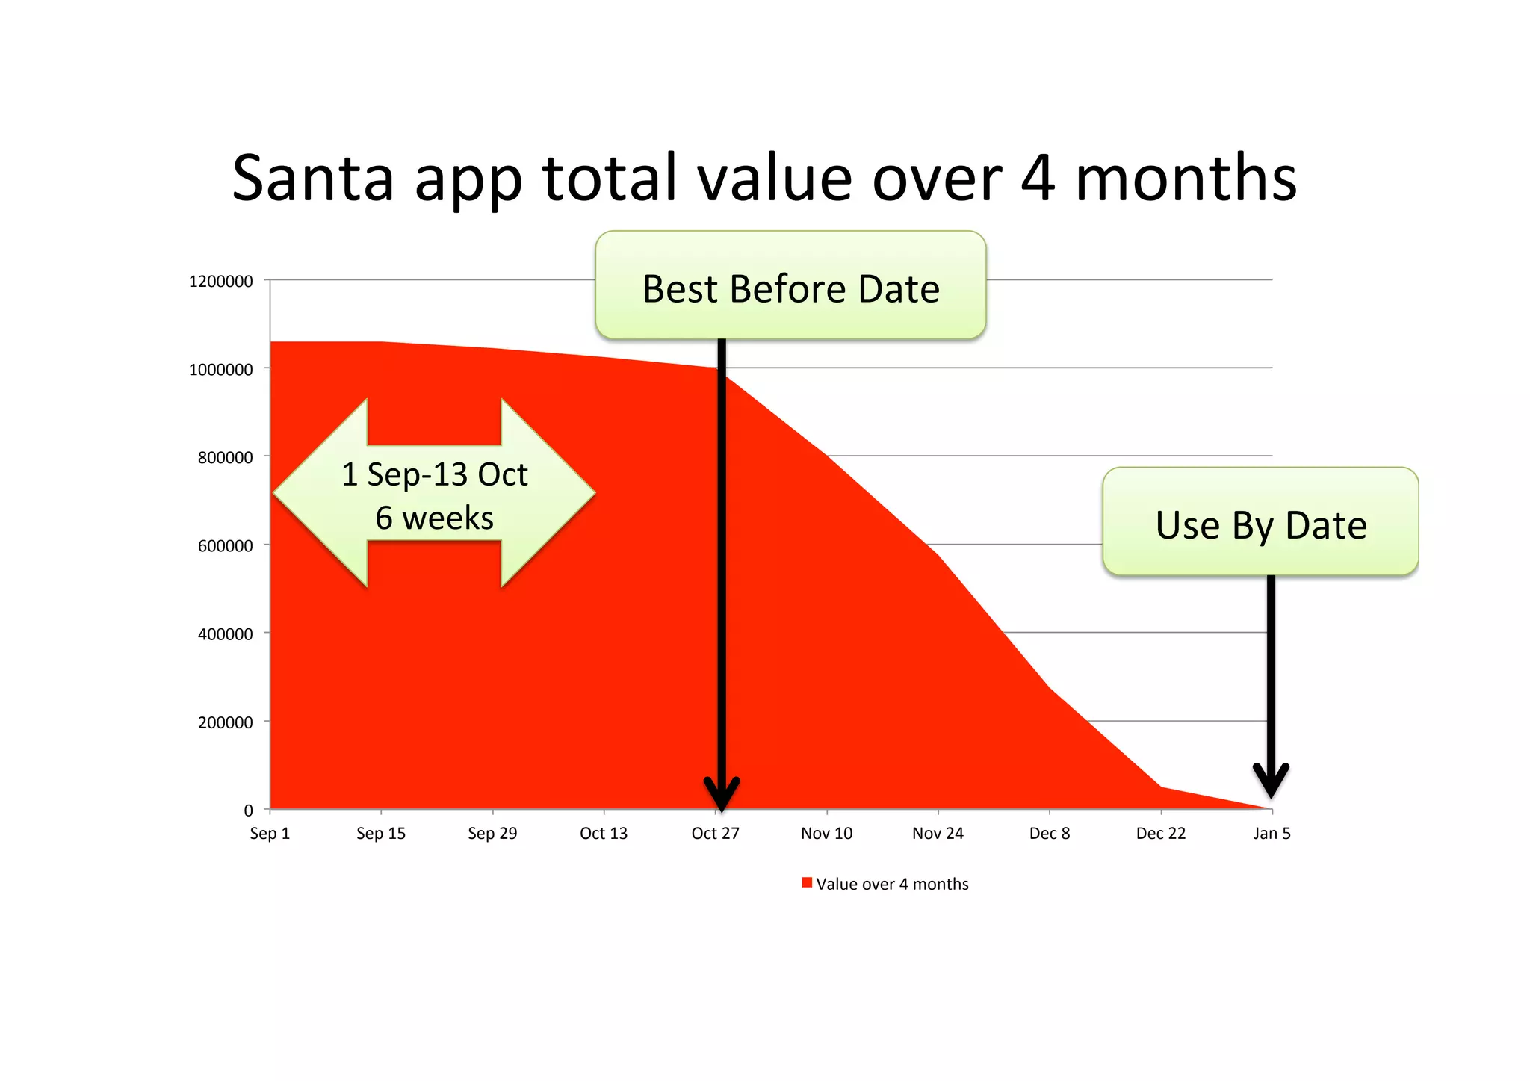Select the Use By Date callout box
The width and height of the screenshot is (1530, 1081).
click(x=1260, y=522)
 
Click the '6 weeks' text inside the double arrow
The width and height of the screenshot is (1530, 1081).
click(x=434, y=518)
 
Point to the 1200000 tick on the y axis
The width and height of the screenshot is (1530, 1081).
click(x=221, y=281)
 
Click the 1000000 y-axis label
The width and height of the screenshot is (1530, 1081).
click(x=221, y=369)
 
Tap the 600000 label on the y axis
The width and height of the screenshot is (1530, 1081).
click(x=226, y=546)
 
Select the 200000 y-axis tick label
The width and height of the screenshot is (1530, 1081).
click(x=226, y=722)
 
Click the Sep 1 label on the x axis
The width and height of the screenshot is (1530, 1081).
click(x=270, y=833)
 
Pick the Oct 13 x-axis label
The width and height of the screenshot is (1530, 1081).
click(x=604, y=833)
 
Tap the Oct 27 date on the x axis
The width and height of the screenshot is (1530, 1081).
click(x=715, y=833)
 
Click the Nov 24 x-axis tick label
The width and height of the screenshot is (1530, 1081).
click(x=938, y=833)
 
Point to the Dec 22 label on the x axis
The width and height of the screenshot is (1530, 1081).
click(x=1160, y=833)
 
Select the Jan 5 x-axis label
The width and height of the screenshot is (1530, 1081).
click(x=1272, y=833)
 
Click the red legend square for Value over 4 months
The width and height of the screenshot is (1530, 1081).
click(x=807, y=882)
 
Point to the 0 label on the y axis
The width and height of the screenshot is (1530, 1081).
click(x=248, y=811)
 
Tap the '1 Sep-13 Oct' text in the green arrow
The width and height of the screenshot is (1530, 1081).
click(x=434, y=474)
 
